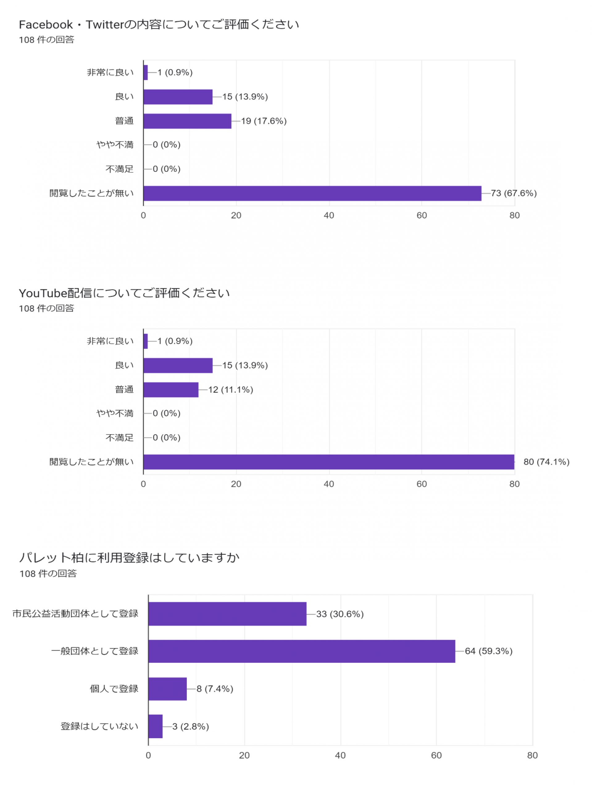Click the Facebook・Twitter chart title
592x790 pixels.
[159, 25]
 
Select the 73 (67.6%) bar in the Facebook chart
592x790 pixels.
[312, 193]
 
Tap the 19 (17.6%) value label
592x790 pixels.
[264, 121]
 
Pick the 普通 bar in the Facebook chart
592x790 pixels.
[187, 121]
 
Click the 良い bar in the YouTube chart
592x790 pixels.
[178, 365]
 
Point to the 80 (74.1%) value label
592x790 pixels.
[546, 462]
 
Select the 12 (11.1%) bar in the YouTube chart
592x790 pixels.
[171, 390]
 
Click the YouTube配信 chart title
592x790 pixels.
[124, 293]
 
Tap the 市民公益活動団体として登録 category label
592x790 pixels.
[75, 613]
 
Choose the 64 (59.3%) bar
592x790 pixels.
[302, 651]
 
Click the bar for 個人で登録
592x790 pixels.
[167, 688]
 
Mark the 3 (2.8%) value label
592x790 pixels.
[190, 726]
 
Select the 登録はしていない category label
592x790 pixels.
[99, 726]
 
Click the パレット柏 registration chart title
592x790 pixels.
[129, 558]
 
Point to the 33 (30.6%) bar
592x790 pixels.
[227, 613]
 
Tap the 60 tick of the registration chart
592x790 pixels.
[436, 755]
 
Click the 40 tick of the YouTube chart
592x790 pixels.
[329, 484]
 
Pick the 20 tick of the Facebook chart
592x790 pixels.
[236, 215]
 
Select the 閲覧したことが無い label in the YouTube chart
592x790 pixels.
[91, 462]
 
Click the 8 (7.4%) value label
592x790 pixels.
[215, 688]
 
